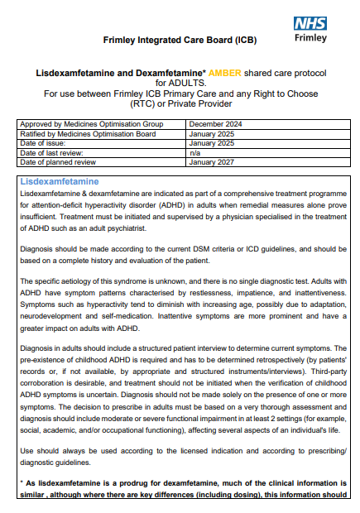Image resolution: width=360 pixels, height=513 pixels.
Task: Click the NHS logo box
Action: (x=310, y=25)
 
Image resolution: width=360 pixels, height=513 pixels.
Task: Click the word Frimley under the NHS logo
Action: (x=311, y=38)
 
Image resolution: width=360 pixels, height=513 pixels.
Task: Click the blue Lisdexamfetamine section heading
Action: (x=59, y=181)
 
